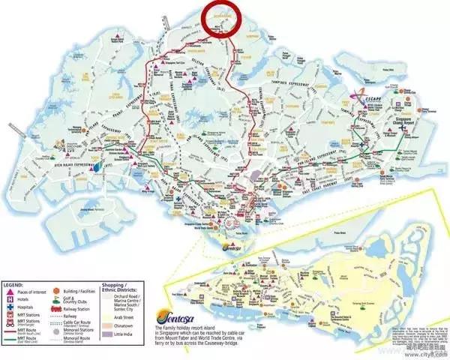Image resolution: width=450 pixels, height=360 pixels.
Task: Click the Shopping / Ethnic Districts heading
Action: click(124, 289)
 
